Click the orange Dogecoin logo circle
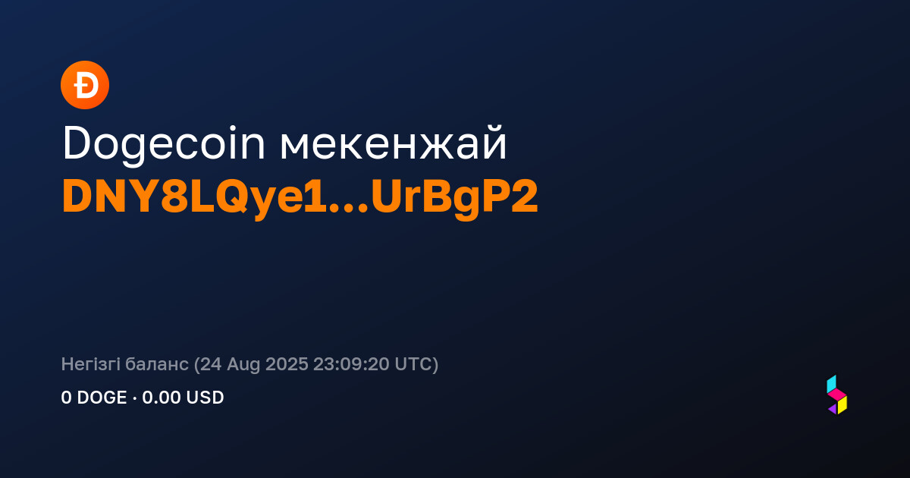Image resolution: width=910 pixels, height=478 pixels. click(x=85, y=85)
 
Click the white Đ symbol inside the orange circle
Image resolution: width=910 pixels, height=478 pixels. click(x=86, y=85)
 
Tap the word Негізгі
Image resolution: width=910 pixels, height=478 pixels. click(x=90, y=364)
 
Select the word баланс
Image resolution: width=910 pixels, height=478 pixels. click(x=157, y=365)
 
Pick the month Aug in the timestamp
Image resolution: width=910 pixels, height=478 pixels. click(x=243, y=365)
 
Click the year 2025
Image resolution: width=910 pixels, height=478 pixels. click(x=287, y=364)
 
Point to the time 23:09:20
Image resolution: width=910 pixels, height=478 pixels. click(x=351, y=364)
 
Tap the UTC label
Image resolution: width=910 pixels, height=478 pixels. click(x=413, y=364)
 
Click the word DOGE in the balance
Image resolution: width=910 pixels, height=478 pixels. click(x=102, y=398)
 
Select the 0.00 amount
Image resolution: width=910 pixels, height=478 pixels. click(x=162, y=398)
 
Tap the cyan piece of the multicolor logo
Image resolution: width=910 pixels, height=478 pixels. click(x=832, y=384)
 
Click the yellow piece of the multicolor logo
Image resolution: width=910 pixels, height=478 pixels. click(x=843, y=405)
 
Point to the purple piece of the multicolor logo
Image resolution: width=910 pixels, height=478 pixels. click(x=833, y=409)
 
